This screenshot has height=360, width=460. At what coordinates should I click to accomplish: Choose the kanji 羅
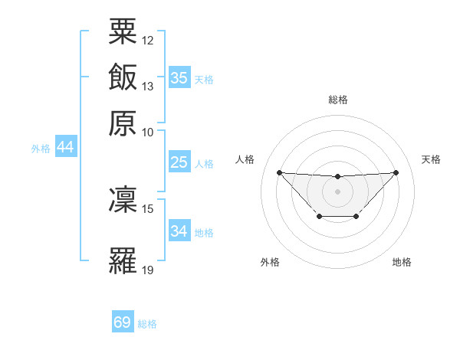coord(123,260)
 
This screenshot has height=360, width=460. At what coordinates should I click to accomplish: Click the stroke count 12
coord(148,40)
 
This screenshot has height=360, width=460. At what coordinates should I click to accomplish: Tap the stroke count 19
coord(148,270)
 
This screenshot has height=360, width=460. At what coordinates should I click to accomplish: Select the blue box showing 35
coord(179,78)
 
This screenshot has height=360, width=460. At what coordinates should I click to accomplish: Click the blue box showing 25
coord(179,162)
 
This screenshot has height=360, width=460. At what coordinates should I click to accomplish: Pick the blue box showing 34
coord(179,231)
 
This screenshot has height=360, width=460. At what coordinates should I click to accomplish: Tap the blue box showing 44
coord(65,148)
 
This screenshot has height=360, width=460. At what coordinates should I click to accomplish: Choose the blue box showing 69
coord(123,322)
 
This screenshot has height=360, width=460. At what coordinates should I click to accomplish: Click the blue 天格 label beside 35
coord(204,80)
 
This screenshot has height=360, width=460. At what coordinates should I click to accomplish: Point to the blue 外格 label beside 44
coord(41,149)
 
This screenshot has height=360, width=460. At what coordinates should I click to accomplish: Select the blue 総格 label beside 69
coord(147,324)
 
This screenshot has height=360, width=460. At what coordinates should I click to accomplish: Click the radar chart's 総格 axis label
coord(338,100)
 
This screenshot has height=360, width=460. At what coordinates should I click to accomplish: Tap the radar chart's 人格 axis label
coord(245,159)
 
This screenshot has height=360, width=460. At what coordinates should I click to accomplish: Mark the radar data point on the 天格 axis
coord(396,172)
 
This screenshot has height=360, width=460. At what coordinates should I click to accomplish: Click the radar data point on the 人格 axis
coord(279,172)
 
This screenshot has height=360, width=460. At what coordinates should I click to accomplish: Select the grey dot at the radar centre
coord(337,190)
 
